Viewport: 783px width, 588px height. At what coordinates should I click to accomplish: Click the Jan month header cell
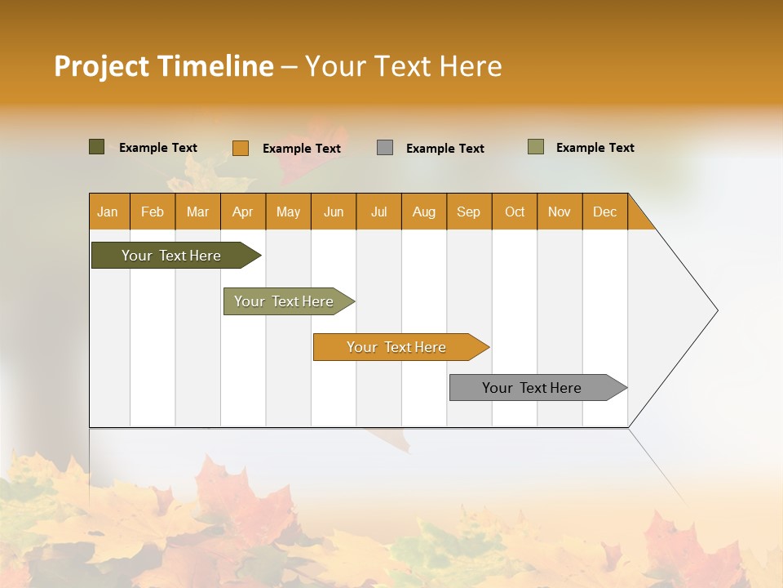pyautogui.click(x=108, y=212)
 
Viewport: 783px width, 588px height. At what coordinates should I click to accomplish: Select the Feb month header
pyautogui.click(x=153, y=212)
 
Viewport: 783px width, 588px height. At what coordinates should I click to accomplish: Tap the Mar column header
pyautogui.click(x=197, y=212)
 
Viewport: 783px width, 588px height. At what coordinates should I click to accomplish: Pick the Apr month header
pyautogui.click(x=243, y=212)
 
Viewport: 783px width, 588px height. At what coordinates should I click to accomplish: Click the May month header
pyautogui.click(x=288, y=212)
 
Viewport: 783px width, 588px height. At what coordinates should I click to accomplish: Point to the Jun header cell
pyautogui.click(x=334, y=212)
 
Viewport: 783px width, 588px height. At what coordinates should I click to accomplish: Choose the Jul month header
pyautogui.click(x=378, y=212)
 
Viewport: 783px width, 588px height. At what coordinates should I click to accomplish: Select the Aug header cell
pyautogui.click(x=424, y=212)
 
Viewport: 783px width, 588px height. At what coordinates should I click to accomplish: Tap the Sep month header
pyautogui.click(x=469, y=212)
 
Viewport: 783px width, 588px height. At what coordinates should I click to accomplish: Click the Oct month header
pyautogui.click(x=515, y=212)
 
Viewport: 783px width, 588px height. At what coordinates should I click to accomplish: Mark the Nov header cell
pyautogui.click(x=560, y=212)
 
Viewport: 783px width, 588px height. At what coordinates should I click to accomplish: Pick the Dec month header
pyautogui.click(x=605, y=212)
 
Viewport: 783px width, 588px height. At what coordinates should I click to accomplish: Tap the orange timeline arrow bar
pyautogui.click(x=397, y=347)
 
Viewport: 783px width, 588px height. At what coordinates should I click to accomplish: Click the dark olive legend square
pyautogui.click(x=97, y=147)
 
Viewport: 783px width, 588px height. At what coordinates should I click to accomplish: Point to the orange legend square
pyautogui.click(x=241, y=148)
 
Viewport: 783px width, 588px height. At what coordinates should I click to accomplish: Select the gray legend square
pyautogui.click(x=385, y=148)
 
